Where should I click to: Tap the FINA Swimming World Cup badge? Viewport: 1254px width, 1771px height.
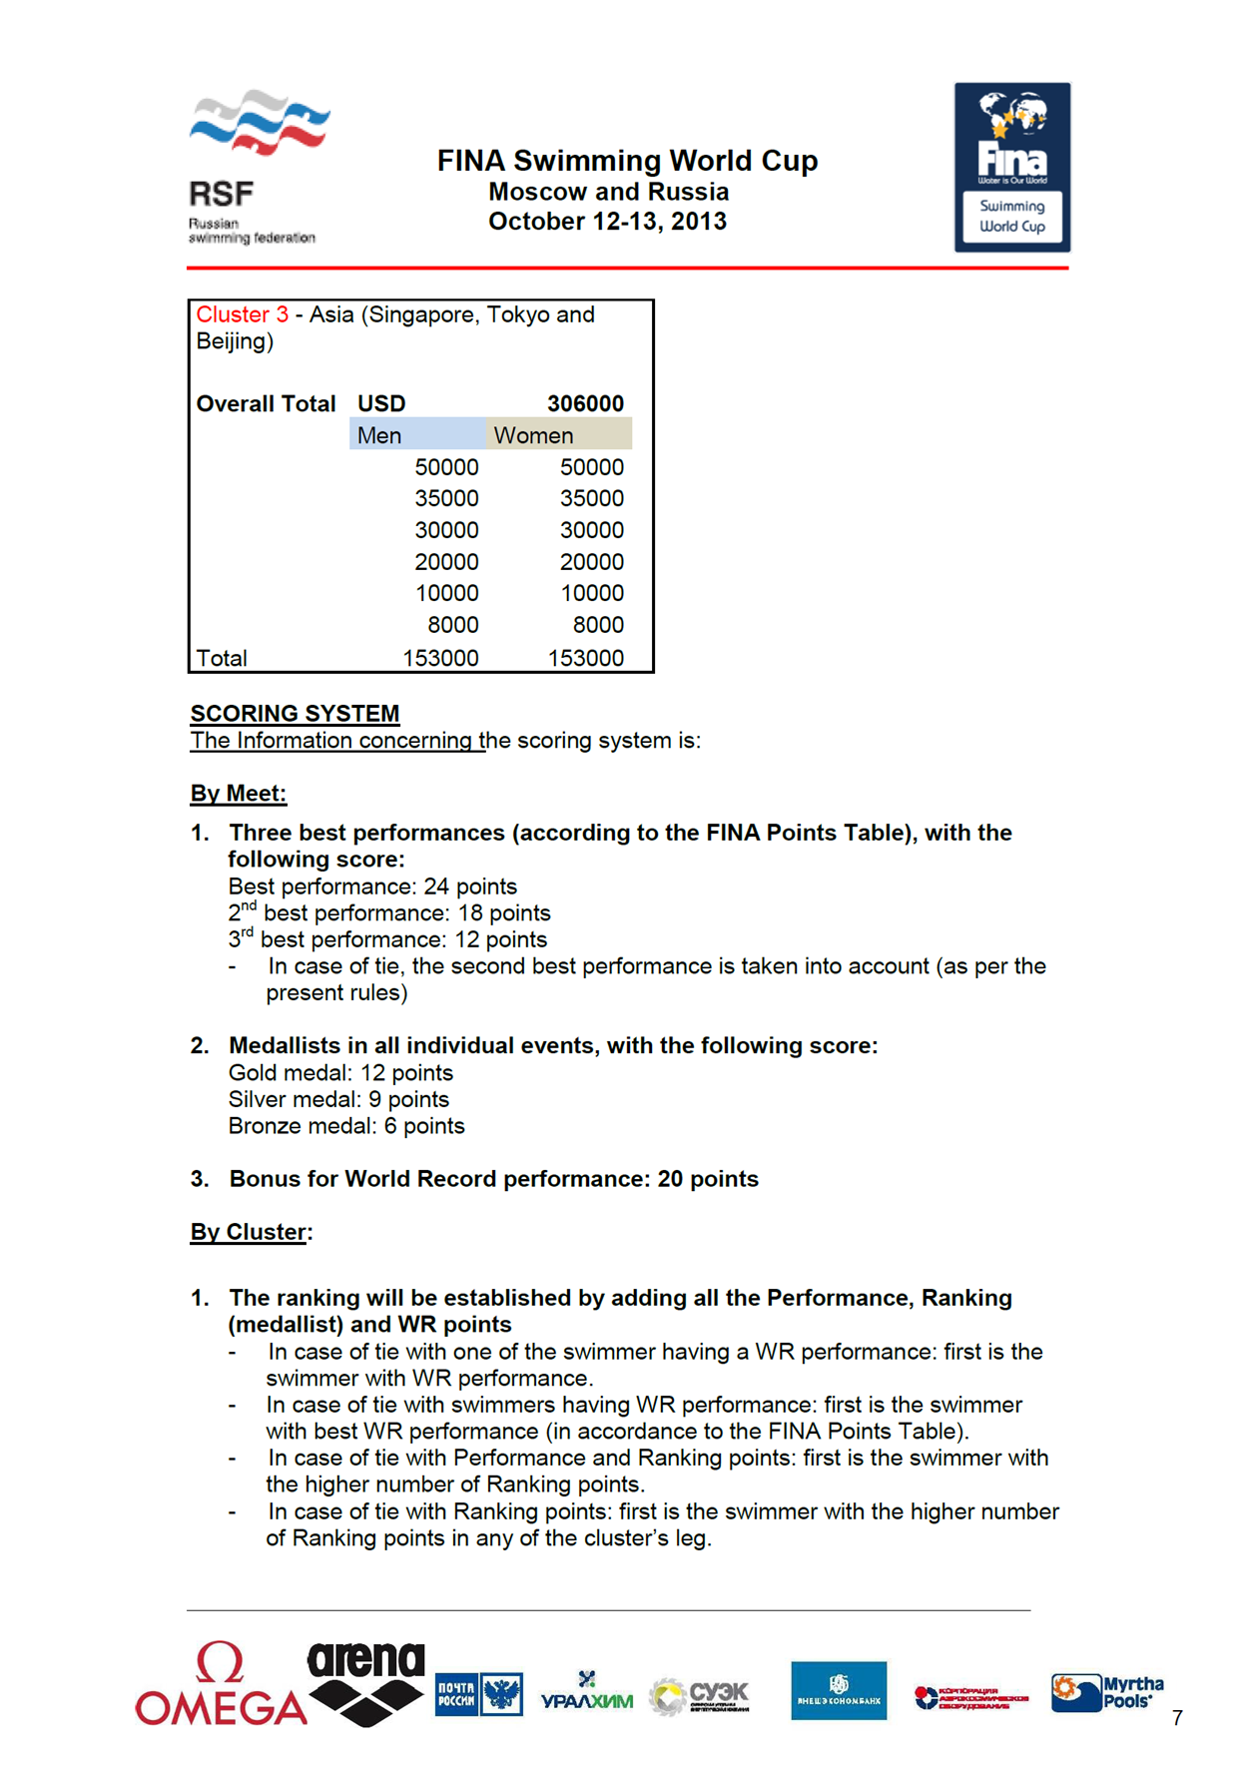coord(1012,167)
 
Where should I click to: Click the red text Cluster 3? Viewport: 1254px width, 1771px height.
coord(243,314)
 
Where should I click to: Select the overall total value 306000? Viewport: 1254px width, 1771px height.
coord(585,403)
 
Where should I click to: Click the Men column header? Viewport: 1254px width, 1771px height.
coord(379,435)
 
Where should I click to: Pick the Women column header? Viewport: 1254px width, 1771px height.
coord(534,435)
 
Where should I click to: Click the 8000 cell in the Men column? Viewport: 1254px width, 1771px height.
coord(452,625)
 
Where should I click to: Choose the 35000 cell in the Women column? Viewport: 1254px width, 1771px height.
coord(591,498)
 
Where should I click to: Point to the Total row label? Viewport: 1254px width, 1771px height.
coord(222,658)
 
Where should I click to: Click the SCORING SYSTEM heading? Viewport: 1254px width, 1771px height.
coord(295,713)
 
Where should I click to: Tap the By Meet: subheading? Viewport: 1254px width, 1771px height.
coord(239,794)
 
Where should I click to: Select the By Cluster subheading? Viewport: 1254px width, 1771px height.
coord(250,1232)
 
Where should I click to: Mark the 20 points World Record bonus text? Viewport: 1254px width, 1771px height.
coord(708,1179)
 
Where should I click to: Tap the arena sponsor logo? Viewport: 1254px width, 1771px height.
coord(366,1683)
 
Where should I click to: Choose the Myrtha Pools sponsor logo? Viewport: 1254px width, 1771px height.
coord(1107,1692)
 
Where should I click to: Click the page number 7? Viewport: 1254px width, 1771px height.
coord(1178,1718)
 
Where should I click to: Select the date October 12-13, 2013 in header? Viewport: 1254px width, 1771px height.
coord(607,221)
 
